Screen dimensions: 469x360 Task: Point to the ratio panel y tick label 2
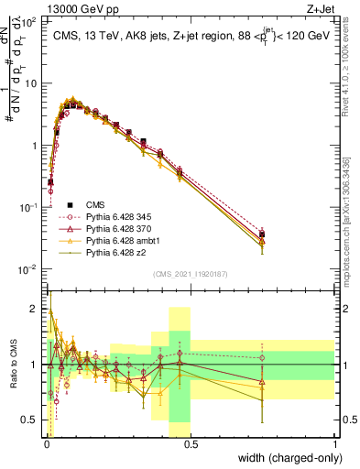tap(34, 309)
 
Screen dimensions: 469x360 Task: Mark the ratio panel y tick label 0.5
tap(29, 420)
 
